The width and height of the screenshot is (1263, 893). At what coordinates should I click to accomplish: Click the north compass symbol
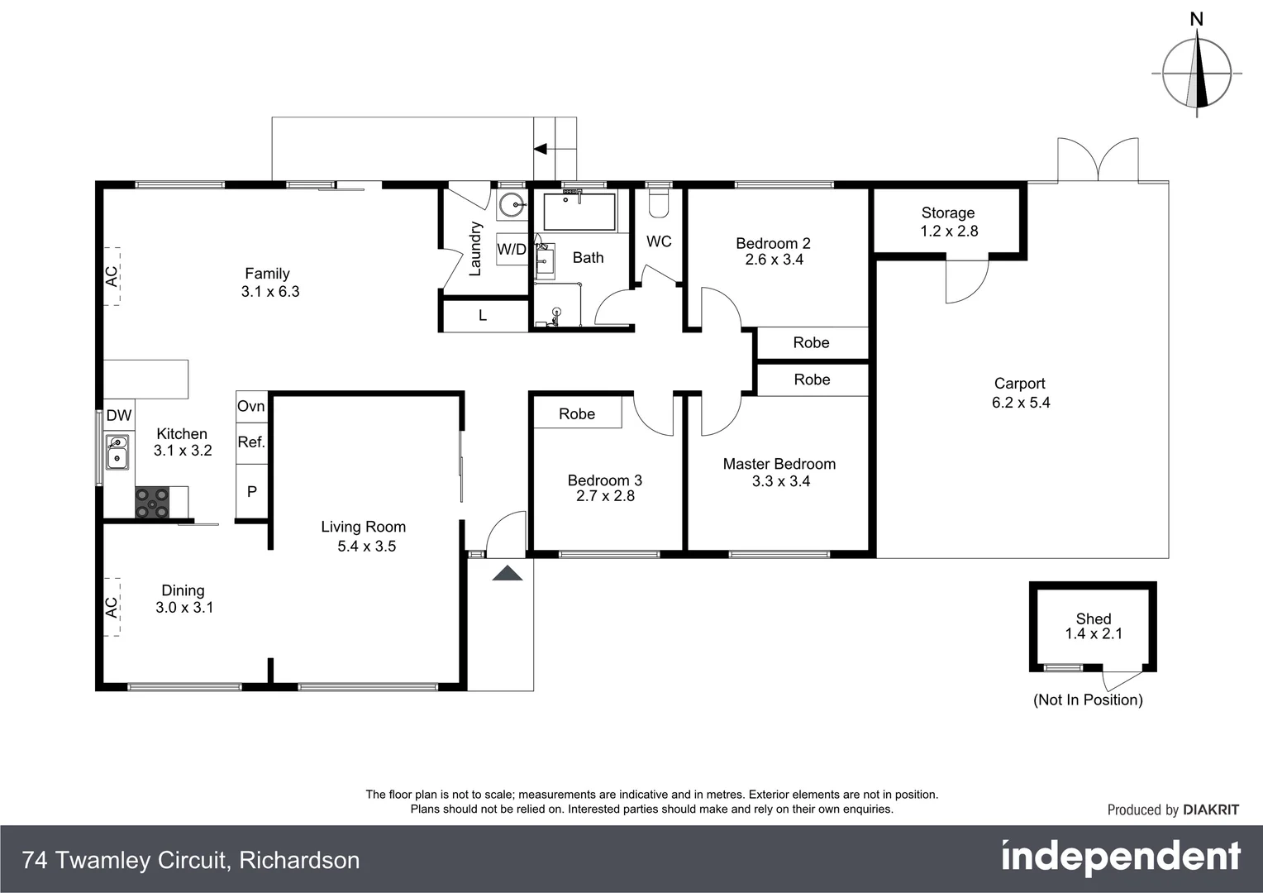click(x=1197, y=73)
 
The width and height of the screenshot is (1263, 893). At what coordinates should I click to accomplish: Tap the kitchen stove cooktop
click(x=152, y=503)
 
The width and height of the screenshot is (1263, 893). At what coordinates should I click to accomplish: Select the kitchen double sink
click(x=117, y=452)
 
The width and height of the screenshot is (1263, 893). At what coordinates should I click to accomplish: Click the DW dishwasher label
click(x=119, y=416)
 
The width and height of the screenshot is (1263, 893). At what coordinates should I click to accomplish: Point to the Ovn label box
click(x=251, y=406)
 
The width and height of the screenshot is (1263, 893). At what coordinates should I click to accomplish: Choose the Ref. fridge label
click(x=251, y=442)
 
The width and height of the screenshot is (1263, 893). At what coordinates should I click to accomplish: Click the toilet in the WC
click(x=658, y=203)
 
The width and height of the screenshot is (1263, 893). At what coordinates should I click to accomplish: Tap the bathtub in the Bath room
click(x=580, y=212)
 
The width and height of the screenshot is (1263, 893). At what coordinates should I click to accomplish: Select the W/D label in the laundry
click(x=512, y=249)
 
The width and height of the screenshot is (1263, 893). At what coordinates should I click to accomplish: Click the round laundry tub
click(x=512, y=203)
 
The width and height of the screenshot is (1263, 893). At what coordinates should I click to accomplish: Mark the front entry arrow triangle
click(x=508, y=573)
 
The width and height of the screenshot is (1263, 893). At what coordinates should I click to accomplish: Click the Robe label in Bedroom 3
click(x=577, y=413)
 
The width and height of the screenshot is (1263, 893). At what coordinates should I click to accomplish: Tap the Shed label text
click(x=1093, y=618)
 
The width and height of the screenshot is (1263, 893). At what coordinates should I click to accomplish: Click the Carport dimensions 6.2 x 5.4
click(x=1021, y=403)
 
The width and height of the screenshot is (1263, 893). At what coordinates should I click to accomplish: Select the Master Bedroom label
click(x=779, y=464)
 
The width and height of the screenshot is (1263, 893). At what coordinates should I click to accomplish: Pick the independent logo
click(x=1121, y=857)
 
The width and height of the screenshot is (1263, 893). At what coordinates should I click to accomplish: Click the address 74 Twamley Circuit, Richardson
click(x=191, y=861)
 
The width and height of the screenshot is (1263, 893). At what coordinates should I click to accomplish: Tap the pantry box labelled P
click(x=252, y=491)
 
